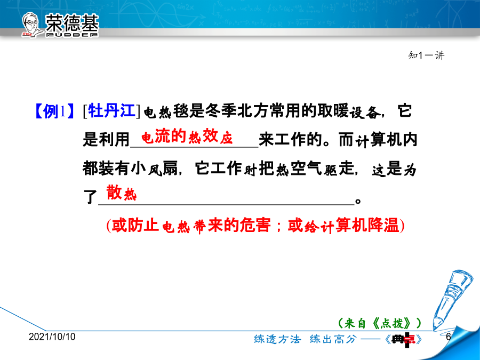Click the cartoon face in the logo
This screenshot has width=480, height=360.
(x=31, y=25)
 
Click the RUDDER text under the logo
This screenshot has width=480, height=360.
(x=72, y=35)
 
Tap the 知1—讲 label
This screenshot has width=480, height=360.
(x=426, y=55)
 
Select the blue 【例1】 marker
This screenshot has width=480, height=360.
(x=54, y=111)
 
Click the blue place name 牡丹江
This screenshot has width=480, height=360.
(x=112, y=110)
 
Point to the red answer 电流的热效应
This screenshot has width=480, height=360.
(x=187, y=136)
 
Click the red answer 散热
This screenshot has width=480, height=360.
(x=121, y=193)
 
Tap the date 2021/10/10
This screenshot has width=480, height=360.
(x=52, y=337)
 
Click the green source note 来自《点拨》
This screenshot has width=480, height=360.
(x=380, y=323)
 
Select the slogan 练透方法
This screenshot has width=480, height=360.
(x=277, y=339)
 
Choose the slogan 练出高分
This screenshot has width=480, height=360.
(x=333, y=339)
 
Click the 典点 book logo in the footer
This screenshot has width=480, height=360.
(x=404, y=339)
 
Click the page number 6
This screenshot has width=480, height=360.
(x=449, y=337)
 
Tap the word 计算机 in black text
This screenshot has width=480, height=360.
(x=386, y=140)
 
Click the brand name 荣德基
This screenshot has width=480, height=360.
(x=72, y=22)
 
